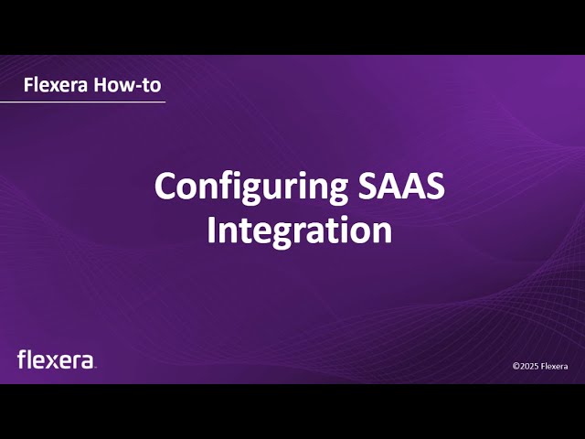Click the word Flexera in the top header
click(56, 85)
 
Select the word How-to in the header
click(128, 85)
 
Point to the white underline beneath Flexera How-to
click(82, 102)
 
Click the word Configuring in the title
click(251, 187)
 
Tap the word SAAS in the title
click(402, 186)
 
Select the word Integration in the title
click(300, 230)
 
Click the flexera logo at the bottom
click(56, 359)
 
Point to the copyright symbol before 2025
click(516, 366)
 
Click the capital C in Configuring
click(165, 186)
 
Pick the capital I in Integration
click(211, 230)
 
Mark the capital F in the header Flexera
click(28, 85)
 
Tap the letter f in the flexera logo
click(21, 359)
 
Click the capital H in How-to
click(100, 85)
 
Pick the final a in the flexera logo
click(87, 361)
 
